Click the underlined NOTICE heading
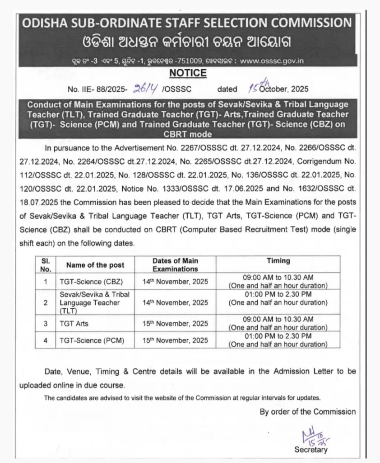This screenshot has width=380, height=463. (x=188, y=73)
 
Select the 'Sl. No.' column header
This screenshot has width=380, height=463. (x=46, y=265)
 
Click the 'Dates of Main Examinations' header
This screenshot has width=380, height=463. (x=175, y=265)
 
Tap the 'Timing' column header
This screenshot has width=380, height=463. (x=278, y=261)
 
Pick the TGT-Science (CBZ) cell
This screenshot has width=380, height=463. (x=85, y=281)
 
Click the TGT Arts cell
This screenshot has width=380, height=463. (x=74, y=323)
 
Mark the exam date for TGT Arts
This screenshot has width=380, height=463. (x=175, y=323)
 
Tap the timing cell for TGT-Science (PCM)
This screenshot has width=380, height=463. (x=278, y=340)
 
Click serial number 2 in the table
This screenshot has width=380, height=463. (x=46, y=302)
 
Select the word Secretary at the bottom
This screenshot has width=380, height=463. (x=311, y=449)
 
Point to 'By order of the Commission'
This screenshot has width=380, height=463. (x=307, y=411)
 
